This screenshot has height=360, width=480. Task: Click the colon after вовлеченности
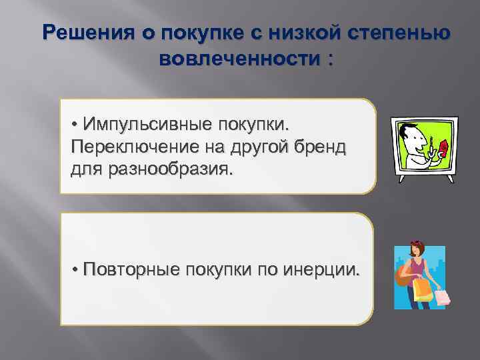pos(327,60)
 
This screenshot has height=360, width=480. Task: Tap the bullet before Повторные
pos(76,269)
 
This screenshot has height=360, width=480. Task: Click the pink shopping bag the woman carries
pos(441,295)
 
